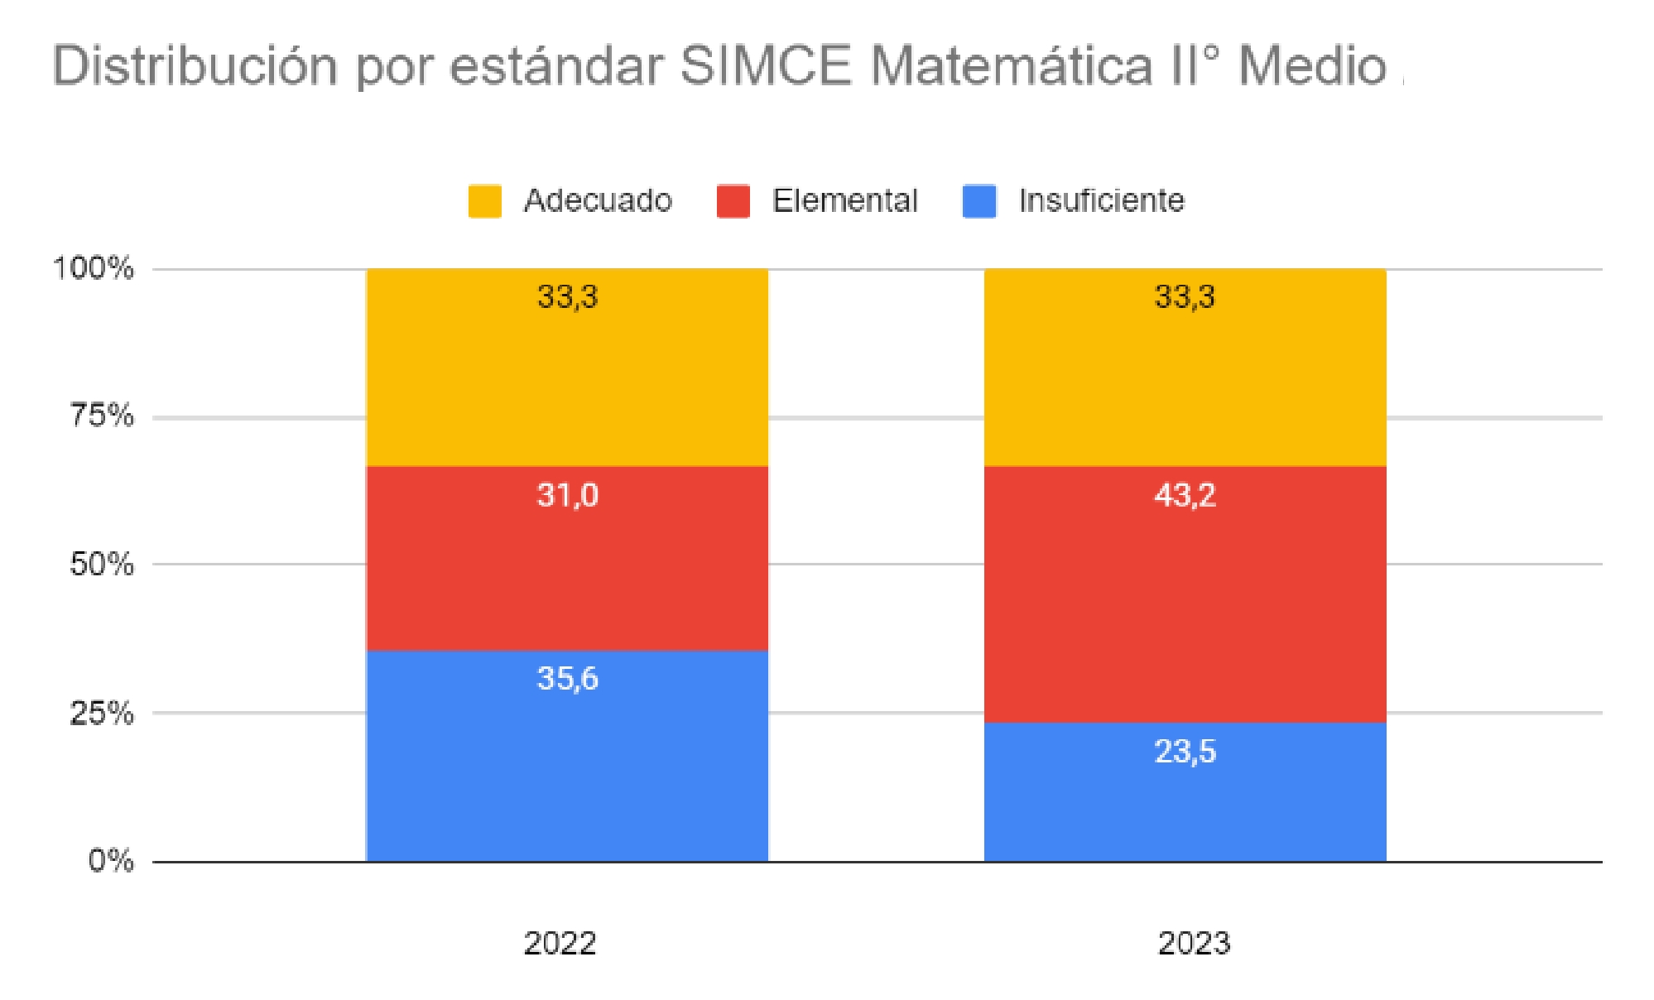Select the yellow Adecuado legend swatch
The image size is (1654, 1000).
(484, 201)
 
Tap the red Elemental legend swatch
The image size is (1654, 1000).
(733, 201)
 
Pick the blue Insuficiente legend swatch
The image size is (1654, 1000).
(979, 201)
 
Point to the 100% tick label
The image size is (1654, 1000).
(93, 267)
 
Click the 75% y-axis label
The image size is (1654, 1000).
(101, 415)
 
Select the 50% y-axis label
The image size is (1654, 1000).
(101, 564)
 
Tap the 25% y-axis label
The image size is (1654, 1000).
(101, 712)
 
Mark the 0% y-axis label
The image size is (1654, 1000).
(110, 860)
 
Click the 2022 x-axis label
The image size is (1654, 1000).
(560, 943)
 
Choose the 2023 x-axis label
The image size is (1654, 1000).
(1194, 943)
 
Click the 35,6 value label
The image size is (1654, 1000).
(567, 679)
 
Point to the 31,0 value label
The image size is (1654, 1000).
(567, 495)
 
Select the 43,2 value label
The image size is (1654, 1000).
(1185, 495)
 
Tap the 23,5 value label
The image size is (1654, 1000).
(1185, 752)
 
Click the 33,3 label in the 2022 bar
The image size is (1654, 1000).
(567, 296)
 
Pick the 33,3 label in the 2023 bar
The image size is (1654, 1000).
(1185, 296)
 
